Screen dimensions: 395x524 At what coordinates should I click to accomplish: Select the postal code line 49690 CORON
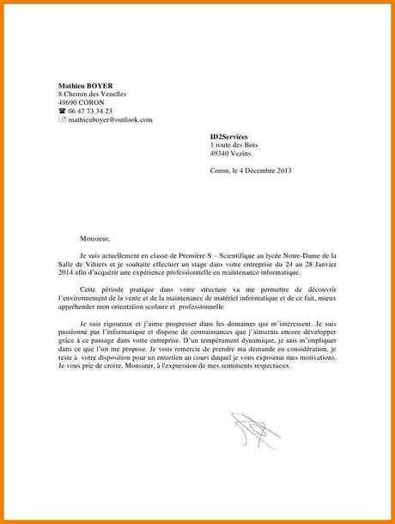pyautogui.click(x=81, y=103)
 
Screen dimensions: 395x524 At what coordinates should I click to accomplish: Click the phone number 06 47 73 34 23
pyautogui.click(x=90, y=112)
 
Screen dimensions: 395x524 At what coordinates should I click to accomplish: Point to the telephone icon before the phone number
pyautogui.click(x=62, y=112)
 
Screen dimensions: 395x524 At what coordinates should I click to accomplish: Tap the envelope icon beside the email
pyautogui.click(x=62, y=120)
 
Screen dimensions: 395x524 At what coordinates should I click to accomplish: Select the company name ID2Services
pyautogui.click(x=229, y=137)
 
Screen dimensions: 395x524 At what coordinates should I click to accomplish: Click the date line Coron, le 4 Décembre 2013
pyautogui.click(x=251, y=171)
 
